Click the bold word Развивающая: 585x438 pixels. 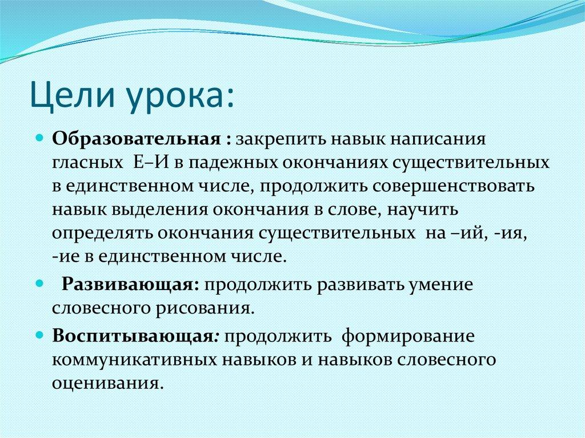tap(131, 285)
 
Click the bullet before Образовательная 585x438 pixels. tap(41, 139)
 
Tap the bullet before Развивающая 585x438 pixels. tap(41, 284)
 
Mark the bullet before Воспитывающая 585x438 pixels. tap(41, 335)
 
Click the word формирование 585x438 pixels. tap(408, 336)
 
